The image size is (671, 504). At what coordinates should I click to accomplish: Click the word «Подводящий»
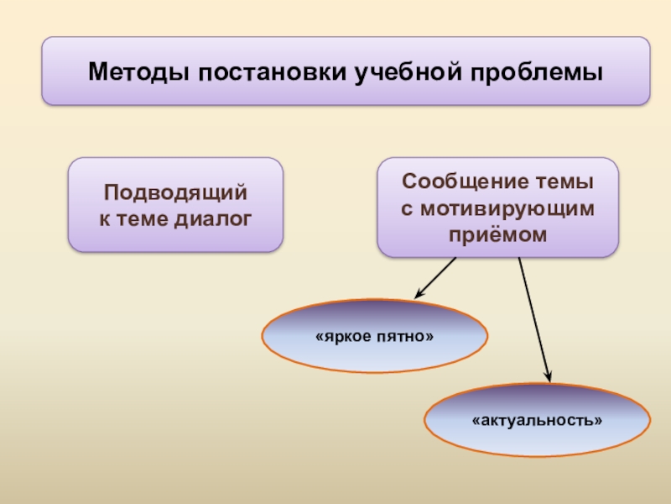tap(175, 193)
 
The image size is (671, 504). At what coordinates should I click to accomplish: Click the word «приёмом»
tap(497, 234)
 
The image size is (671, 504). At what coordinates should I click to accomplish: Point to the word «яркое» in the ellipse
tap(344, 336)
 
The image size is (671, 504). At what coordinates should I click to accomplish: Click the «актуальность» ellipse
tap(537, 420)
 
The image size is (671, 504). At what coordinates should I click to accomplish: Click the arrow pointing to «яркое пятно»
tap(437, 277)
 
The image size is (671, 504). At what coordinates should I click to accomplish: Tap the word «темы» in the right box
tap(570, 181)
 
